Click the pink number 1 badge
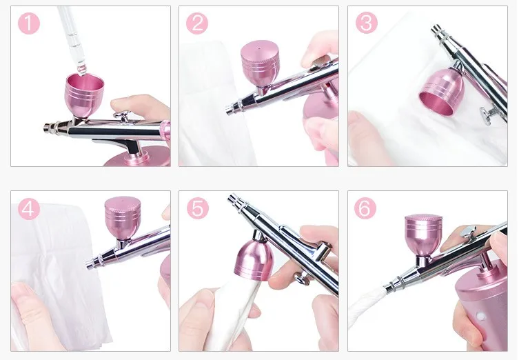[29, 23]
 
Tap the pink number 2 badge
[197, 23]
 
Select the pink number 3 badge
[367, 23]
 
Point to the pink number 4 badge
[29, 209]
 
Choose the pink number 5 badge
[198, 208]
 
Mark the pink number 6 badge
[365, 208]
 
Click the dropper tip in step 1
[81, 70]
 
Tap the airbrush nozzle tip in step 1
[46, 128]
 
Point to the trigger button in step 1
[121, 115]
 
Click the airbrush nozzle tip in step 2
[228, 110]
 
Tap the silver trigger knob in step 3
[485, 116]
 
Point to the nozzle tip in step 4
[88, 264]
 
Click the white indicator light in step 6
[479, 313]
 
